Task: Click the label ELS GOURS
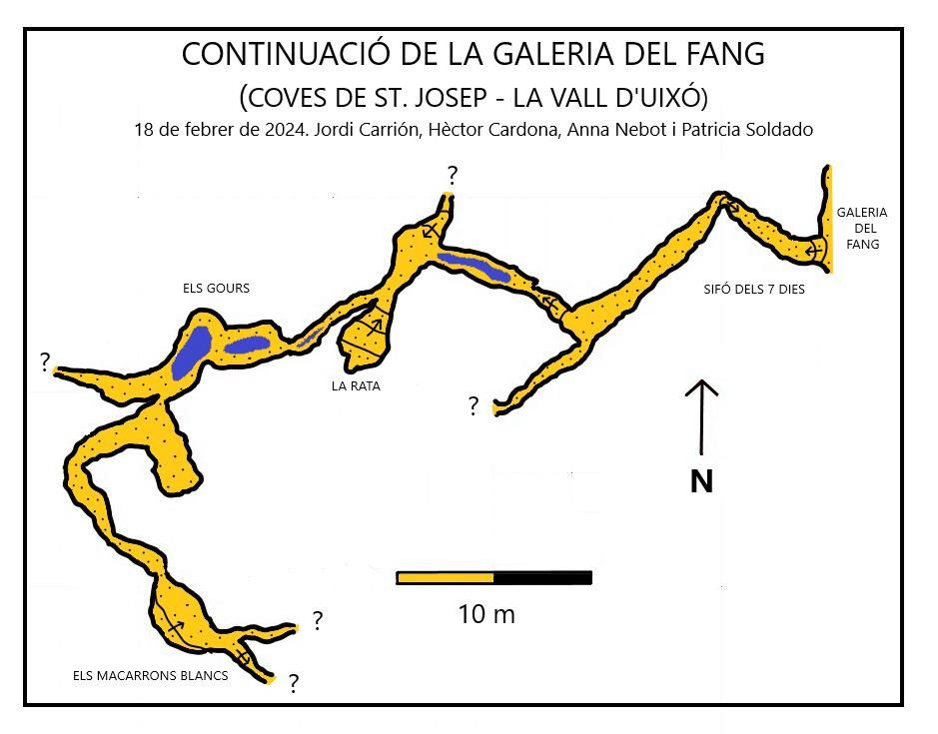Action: [216, 289]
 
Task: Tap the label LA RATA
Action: [356, 384]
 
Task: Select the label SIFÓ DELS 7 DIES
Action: [754, 290]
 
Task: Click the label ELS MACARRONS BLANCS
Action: [151, 676]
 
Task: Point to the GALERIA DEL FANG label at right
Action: [862, 228]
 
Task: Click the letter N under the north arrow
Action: [702, 482]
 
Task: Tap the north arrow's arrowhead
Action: [702, 385]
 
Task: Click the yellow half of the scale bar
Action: [446, 577]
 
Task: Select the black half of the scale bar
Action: [543, 577]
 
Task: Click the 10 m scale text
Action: [486, 614]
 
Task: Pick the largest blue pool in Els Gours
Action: [191, 353]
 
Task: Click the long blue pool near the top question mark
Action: [473, 266]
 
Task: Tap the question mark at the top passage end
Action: [452, 177]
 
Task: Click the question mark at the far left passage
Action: [45, 362]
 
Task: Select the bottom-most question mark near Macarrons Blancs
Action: [294, 684]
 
